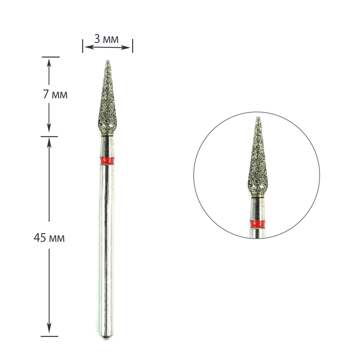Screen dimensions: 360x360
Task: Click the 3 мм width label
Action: (106, 39)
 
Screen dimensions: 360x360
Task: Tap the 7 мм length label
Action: (55, 94)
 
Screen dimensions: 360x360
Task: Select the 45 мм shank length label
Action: (49, 238)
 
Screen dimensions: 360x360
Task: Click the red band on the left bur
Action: (107, 161)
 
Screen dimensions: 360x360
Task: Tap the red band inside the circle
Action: (258, 224)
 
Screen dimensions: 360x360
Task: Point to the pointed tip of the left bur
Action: (108, 60)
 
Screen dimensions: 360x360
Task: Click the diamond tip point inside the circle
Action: (258, 117)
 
